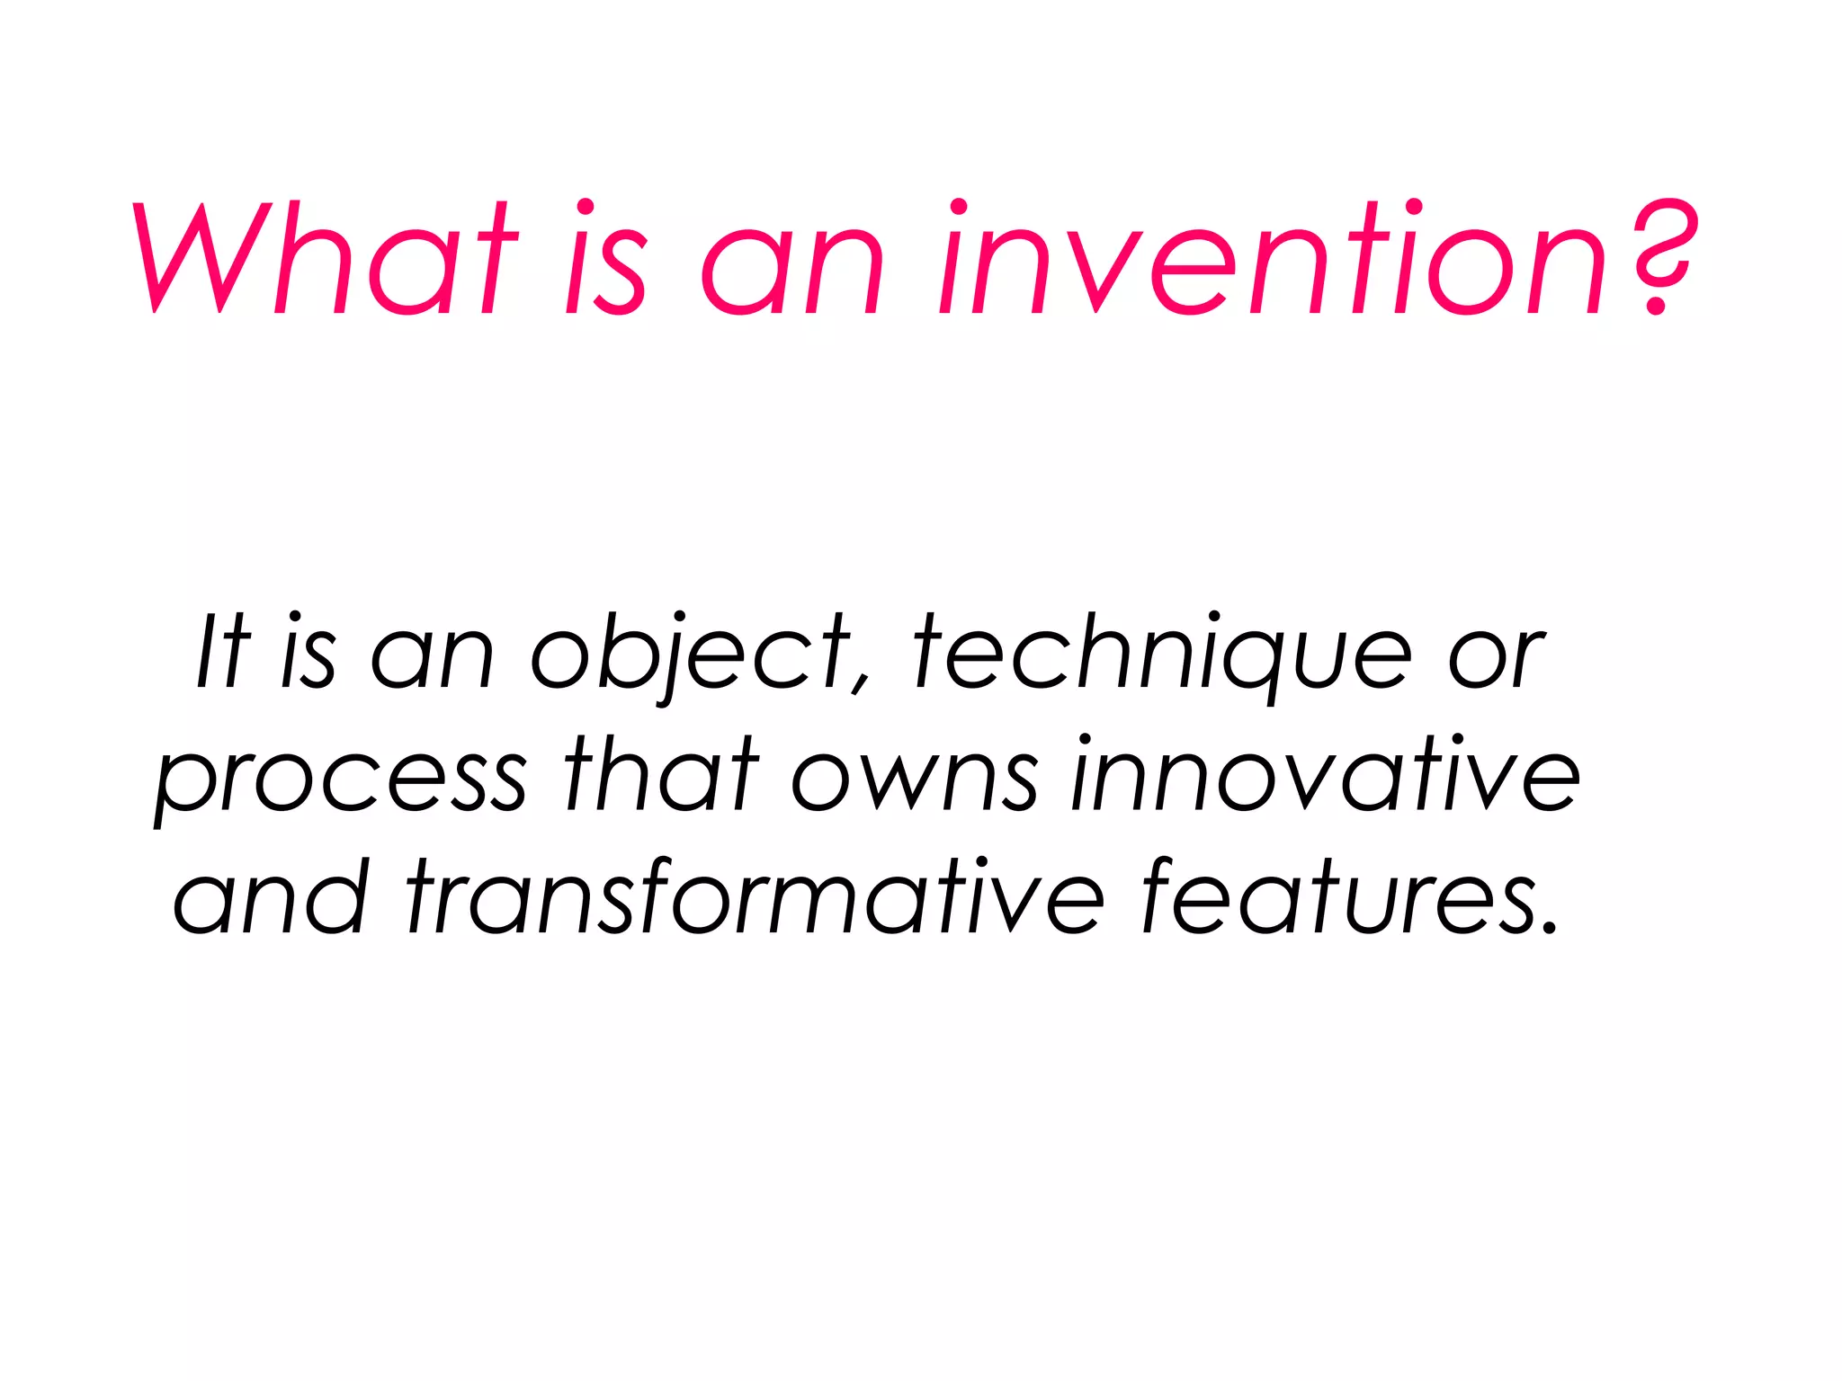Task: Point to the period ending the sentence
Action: click(1549, 926)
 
